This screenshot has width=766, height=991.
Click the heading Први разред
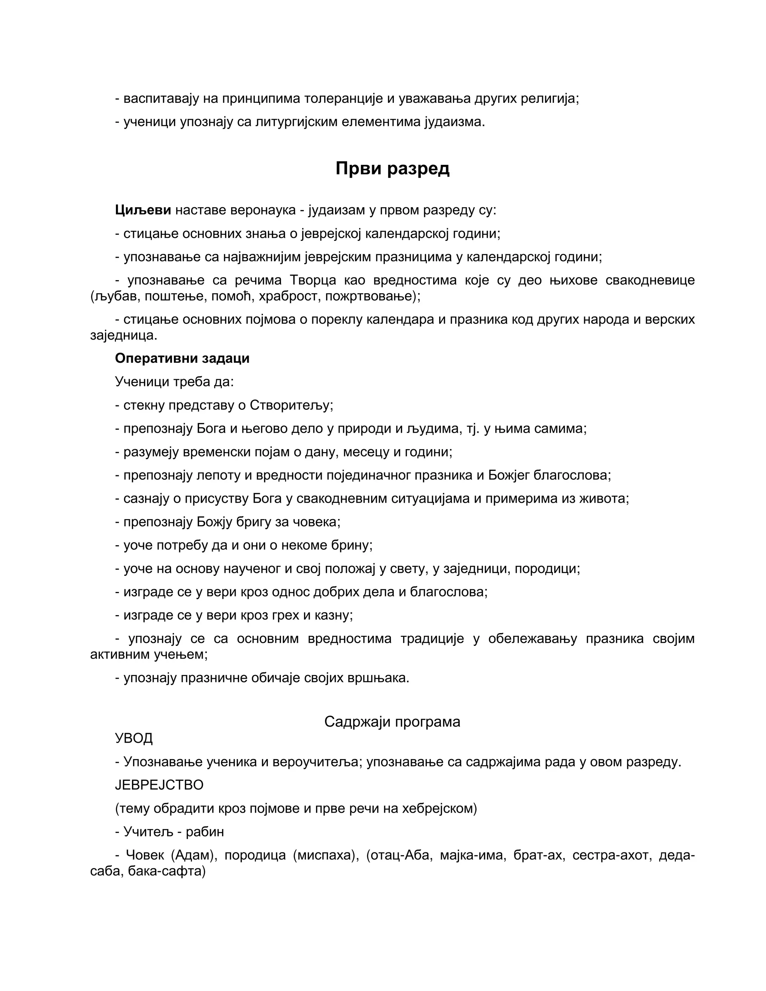point(392,168)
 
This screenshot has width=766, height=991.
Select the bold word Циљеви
point(143,210)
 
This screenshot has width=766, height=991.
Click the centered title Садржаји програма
point(392,721)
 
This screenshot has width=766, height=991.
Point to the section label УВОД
point(134,738)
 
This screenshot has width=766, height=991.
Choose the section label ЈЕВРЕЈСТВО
point(159,785)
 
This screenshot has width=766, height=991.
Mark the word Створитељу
point(291,405)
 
